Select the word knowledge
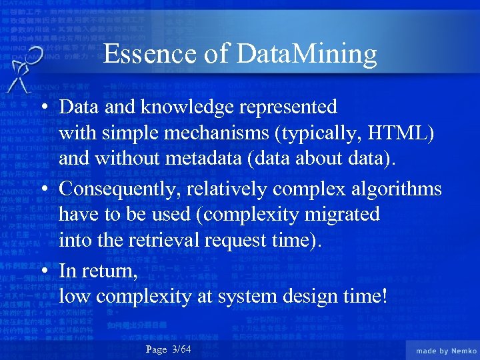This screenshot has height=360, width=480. [194, 107]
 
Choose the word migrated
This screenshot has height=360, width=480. [340, 215]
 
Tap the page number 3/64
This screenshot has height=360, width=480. [181, 349]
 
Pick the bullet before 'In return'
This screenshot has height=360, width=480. [45, 271]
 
